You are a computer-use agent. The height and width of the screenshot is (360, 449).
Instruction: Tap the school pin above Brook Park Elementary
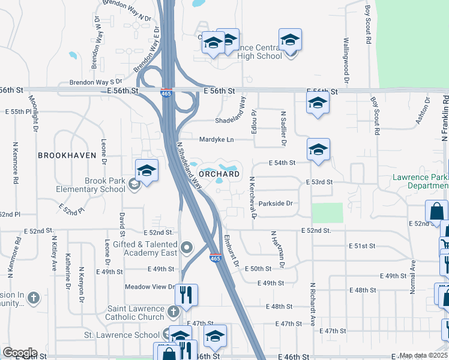tap(146, 172)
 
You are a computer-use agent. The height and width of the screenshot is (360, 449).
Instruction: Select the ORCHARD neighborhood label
tap(219, 174)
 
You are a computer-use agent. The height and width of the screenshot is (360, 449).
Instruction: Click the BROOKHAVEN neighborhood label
tap(67, 155)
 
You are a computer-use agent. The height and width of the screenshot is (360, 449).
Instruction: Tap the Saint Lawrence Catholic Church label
tap(135, 313)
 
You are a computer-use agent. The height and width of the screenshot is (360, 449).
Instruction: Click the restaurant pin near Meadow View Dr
tap(186, 295)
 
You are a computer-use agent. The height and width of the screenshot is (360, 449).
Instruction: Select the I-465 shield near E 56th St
tap(166, 93)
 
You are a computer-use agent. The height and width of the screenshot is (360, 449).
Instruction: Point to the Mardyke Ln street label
tap(217, 139)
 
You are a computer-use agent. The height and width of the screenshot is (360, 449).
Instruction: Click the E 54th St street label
tap(282, 163)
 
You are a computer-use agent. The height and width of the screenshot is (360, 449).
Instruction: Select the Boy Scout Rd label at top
tap(368, 20)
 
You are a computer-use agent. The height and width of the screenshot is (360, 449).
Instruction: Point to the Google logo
tap(19, 353)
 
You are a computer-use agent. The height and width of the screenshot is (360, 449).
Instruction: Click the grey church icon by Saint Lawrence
tap(173, 311)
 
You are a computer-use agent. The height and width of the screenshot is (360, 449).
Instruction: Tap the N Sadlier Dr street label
tap(282, 128)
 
